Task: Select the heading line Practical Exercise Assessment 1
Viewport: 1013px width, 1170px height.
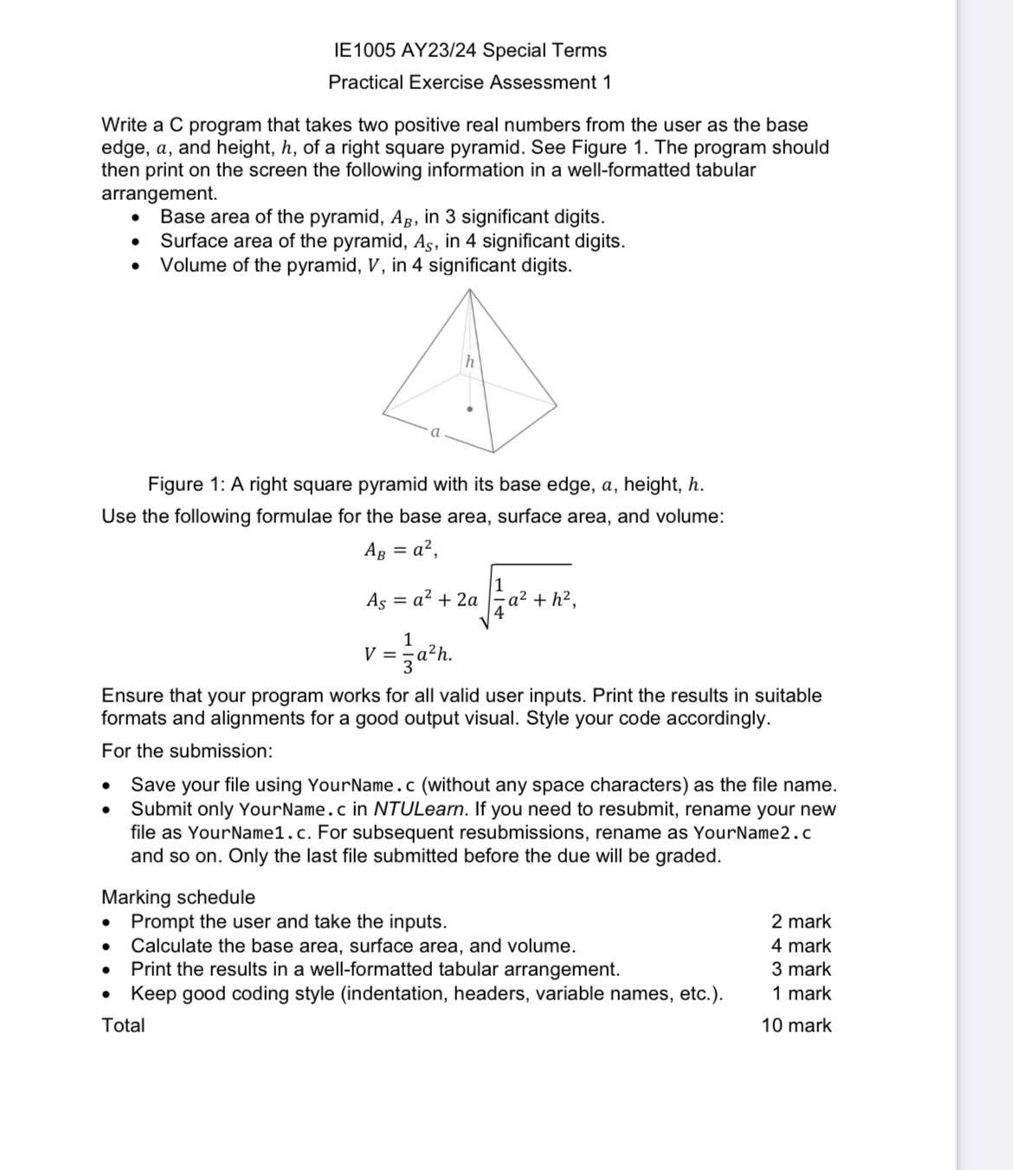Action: (x=469, y=82)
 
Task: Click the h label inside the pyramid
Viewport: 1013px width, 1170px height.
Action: (x=469, y=361)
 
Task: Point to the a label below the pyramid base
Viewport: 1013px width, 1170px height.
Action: (x=436, y=430)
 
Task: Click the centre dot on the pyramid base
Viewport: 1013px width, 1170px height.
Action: (x=470, y=409)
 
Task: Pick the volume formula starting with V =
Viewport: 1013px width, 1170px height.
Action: (x=408, y=655)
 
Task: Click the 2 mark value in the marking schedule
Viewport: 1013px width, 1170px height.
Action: (x=800, y=921)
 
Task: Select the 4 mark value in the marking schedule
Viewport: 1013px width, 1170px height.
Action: (x=800, y=946)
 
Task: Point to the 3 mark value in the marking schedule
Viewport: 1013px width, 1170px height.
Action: (x=800, y=969)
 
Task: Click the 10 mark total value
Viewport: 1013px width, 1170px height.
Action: (x=796, y=1025)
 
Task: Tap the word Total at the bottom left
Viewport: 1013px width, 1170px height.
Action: (x=123, y=1025)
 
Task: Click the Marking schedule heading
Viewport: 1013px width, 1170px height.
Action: (x=178, y=897)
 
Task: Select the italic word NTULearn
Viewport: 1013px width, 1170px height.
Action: (x=420, y=809)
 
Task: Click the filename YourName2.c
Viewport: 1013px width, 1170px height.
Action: (x=752, y=833)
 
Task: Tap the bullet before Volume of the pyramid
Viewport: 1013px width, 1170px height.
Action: (x=135, y=266)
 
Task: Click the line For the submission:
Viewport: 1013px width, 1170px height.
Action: (x=187, y=751)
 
